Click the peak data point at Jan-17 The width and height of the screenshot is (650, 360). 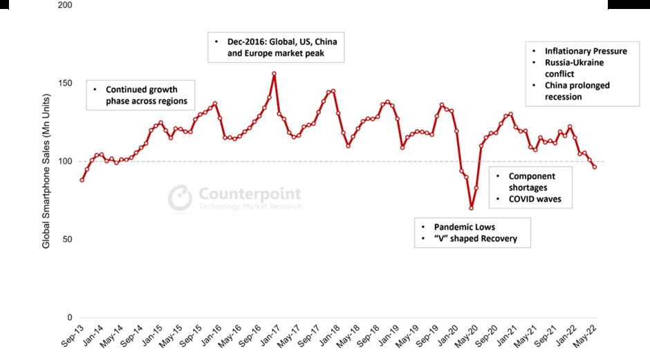click(x=275, y=74)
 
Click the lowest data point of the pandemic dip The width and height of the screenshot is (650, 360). click(x=472, y=208)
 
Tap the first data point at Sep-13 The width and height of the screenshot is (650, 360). click(x=82, y=180)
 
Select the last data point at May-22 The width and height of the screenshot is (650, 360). click(x=595, y=167)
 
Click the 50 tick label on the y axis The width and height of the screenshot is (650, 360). click(x=67, y=240)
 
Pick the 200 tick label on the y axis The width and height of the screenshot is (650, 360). click(x=64, y=5)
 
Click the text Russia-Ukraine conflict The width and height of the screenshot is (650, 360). click(x=574, y=68)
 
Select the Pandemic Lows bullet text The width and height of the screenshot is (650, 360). click(x=465, y=227)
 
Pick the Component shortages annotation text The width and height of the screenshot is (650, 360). click(x=532, y=182)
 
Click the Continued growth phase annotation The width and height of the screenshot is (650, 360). click(x=141, y=95)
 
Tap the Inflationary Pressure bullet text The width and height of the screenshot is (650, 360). click(x=586, y=51)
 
